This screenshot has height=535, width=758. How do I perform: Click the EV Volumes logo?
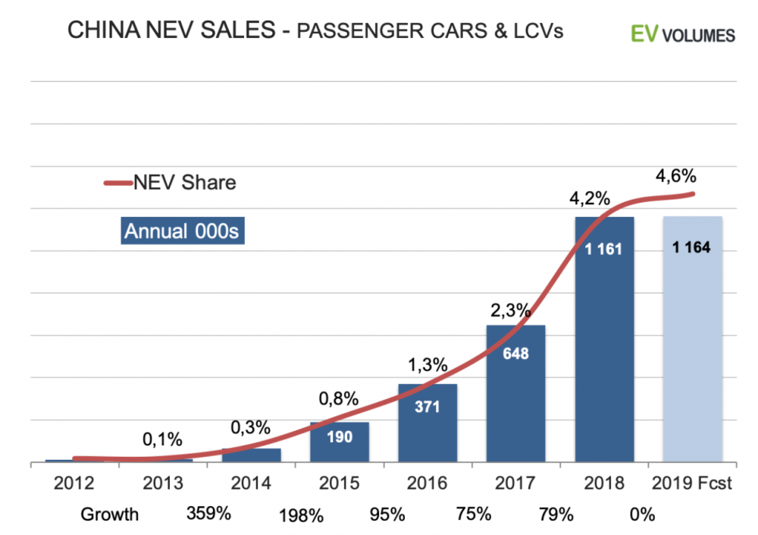pyautogui.click(x=682, y=34)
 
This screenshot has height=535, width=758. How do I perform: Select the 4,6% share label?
pyautogui.click(x=674, y=176)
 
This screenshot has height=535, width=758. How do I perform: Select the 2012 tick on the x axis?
pyautogui.click(x=74, y=483)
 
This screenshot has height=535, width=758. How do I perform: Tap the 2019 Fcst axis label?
pyautogui.click(x=692, y=483)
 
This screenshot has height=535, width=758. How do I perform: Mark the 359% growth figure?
pyautogui.click(x=208, y=514)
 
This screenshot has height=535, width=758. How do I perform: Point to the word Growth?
pyautogui.click(x=111, y=515)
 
